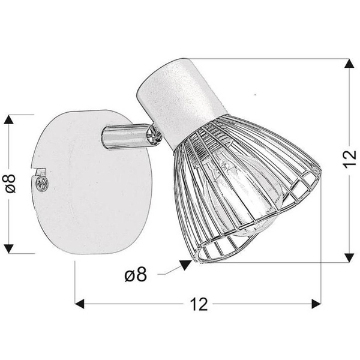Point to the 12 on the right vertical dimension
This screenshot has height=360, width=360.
pos(349,160)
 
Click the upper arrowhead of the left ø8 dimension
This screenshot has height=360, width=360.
pos(9,119)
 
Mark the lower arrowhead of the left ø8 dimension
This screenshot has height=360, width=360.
pos(9,247)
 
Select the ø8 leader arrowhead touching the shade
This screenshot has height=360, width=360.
pos(185,263)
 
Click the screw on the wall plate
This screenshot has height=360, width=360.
pos(41,183)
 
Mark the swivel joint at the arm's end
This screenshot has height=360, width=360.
pos(155,136)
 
